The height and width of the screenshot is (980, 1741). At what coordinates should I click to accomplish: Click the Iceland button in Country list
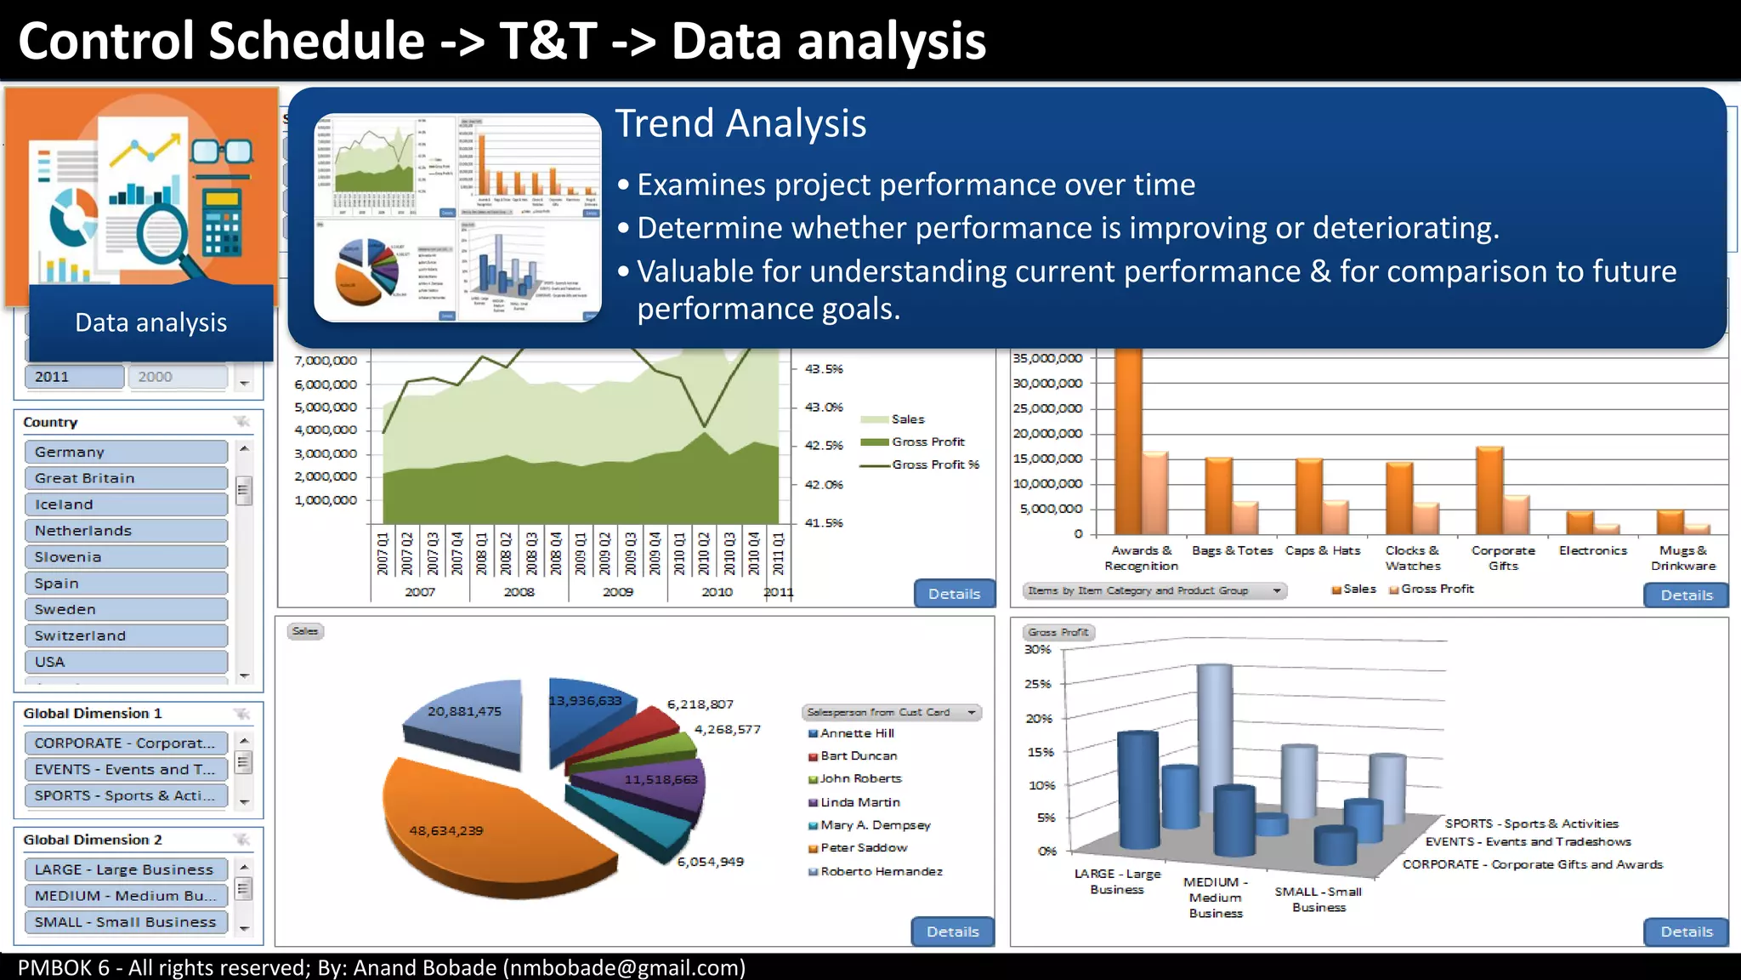(x=126, y=504)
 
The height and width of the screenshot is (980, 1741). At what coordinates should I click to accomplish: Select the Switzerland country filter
(x=126, y=635)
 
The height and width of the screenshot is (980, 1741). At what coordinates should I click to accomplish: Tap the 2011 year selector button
(x=74, y=377)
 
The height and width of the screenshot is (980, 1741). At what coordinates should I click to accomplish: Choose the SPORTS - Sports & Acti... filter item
(x=126, y=795)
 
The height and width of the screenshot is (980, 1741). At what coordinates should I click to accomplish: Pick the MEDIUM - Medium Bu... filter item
(x=126, y=896)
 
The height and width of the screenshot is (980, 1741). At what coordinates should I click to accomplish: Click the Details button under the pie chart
(x=952, y=932)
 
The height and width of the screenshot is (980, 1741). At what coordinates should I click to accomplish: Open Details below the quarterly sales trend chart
(x=954, y=594)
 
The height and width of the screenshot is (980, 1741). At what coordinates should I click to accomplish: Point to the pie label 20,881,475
(x=464, y=711)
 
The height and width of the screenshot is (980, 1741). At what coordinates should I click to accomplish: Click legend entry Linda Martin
(x=859, y=802)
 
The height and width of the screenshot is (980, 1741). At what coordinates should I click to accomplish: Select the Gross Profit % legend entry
(x=935, y=464)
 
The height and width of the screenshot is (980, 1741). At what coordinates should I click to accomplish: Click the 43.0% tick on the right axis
(x=823, y=407)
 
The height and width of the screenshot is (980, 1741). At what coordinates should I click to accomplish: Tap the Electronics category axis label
(x=1592, y=550)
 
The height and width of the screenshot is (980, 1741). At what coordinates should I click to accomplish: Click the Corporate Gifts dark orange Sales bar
(x=1489, y=491)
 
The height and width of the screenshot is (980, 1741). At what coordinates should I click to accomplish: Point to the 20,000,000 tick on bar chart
(x=1046, y=434)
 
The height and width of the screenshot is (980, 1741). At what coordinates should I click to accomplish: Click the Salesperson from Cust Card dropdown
(x=891, y=712)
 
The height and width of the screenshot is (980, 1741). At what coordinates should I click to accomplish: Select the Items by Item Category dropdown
(x=1154, y=590)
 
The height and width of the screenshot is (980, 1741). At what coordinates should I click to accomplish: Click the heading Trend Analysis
(x=740, y=124)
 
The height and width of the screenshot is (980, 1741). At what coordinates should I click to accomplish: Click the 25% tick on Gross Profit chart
(x=1037, y=684)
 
